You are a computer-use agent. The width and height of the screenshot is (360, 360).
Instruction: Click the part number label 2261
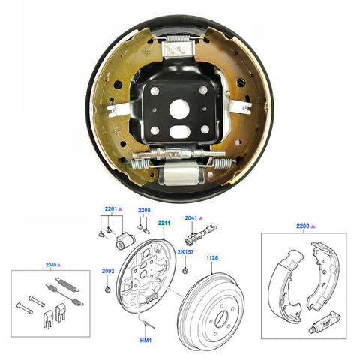pos(109,209)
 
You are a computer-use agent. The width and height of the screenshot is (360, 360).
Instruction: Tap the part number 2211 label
pos(164,223)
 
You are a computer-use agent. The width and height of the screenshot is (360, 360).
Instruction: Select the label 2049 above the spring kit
pos(49,265)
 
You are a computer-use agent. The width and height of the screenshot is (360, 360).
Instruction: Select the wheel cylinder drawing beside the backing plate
pos(126,242)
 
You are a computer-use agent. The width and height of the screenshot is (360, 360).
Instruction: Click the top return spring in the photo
pos(179,43)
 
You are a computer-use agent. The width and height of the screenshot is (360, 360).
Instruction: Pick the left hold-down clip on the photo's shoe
pos(115,108)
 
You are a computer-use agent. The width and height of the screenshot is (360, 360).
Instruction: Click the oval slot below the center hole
pos(180,132)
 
